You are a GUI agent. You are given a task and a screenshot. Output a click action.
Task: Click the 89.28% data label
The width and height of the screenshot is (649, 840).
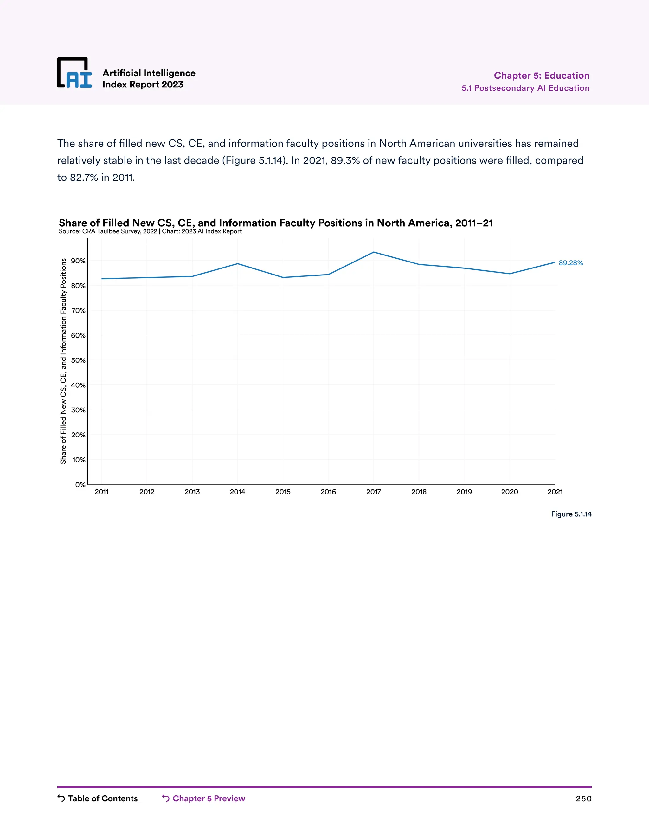(570, 263)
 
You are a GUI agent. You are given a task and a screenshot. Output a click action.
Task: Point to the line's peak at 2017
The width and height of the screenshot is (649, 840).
(374, 252)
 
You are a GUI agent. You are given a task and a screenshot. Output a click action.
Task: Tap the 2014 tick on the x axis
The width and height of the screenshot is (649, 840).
(238, 492)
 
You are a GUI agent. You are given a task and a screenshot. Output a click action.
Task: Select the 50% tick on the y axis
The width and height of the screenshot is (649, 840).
(79, 360)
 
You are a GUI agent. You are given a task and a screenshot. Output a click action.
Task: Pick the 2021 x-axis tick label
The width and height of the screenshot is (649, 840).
(555, 492)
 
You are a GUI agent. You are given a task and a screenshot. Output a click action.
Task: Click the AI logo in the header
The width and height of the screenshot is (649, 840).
(74, 73)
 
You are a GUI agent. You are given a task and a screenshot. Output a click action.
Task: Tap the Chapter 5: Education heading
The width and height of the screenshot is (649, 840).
(541, 75)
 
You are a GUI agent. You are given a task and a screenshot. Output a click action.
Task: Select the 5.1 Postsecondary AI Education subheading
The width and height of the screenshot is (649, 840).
(525, 88)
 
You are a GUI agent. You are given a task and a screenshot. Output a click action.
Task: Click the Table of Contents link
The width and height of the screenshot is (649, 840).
(98, 798)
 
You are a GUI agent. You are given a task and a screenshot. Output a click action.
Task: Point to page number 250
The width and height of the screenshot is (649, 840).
(583, 799)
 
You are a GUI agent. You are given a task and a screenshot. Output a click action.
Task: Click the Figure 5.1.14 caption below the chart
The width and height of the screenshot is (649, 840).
(571, 514)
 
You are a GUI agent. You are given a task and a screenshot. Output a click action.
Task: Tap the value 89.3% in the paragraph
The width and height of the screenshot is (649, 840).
(345, 160)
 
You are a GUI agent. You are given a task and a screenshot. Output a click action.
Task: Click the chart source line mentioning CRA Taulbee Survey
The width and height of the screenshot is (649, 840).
(150, 231)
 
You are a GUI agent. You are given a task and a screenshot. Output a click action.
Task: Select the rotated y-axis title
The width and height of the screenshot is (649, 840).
(63, 361)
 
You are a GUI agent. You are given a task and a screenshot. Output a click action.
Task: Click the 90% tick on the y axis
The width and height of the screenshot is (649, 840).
(79, 261)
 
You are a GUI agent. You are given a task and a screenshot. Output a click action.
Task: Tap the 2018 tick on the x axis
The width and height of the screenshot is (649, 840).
(419, 492)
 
